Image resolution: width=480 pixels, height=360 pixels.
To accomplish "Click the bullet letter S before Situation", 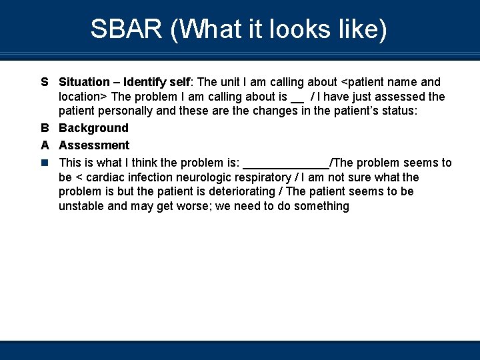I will pos(45,82).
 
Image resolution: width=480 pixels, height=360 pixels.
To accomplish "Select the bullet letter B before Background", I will pos(45,128).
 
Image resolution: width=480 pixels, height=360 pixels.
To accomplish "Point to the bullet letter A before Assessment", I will pos(45,145).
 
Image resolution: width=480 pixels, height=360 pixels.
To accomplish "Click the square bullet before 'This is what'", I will pos(45,163).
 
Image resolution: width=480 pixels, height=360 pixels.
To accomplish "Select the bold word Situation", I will pos(84,82).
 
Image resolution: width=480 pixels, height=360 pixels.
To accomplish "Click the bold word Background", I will pos(93,128).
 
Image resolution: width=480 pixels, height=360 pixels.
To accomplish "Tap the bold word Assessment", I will pos(94,145).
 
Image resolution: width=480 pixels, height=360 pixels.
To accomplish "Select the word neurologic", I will pos(200,177).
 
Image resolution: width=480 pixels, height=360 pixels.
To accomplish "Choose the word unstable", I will pos(81,206).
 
